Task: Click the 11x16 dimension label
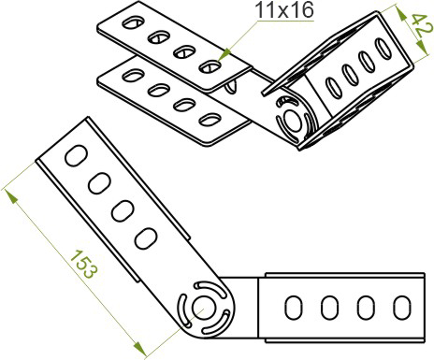point(284,10)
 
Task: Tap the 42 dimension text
point(422,25)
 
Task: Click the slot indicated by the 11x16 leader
point(210,66)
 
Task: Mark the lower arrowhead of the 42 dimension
point(422,46)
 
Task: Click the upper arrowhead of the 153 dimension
point(11,197)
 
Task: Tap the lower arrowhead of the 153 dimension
point(139,349)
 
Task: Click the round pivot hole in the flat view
point(204,308)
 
